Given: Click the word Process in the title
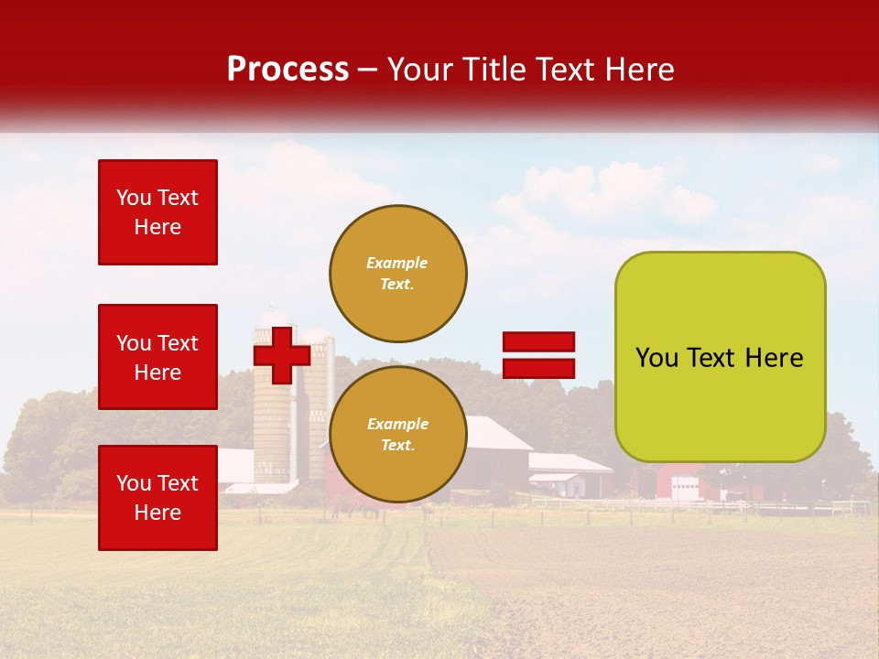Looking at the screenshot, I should pyautogui.click(x=288, y=70).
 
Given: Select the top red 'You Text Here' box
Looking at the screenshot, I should pyautogui.click(x=157, y=212).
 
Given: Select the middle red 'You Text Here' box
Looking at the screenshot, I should pyautogui.click(x=157, y=357).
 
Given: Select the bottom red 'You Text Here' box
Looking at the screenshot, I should pyautogui.click(x=157, y=498).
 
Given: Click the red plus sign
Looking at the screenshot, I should pyautogui.click(x=281, y=355).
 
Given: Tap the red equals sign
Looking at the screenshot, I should pyautogui.click(x=538, y=355).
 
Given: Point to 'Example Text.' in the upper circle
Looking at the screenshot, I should pyautogui.click(x=396, y=274).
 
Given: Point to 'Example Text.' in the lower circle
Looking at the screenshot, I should pyautogui.click(x=396, y=435).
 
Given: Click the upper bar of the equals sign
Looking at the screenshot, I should pyautogui.click(x=538, y=341).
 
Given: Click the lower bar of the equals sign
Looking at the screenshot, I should pyautogui.click(x=538, y=368).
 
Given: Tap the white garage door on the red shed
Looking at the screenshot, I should pyautogui.click(x=683, y=489).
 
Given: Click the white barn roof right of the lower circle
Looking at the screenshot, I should pyautogui.click(x=499, y=433).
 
